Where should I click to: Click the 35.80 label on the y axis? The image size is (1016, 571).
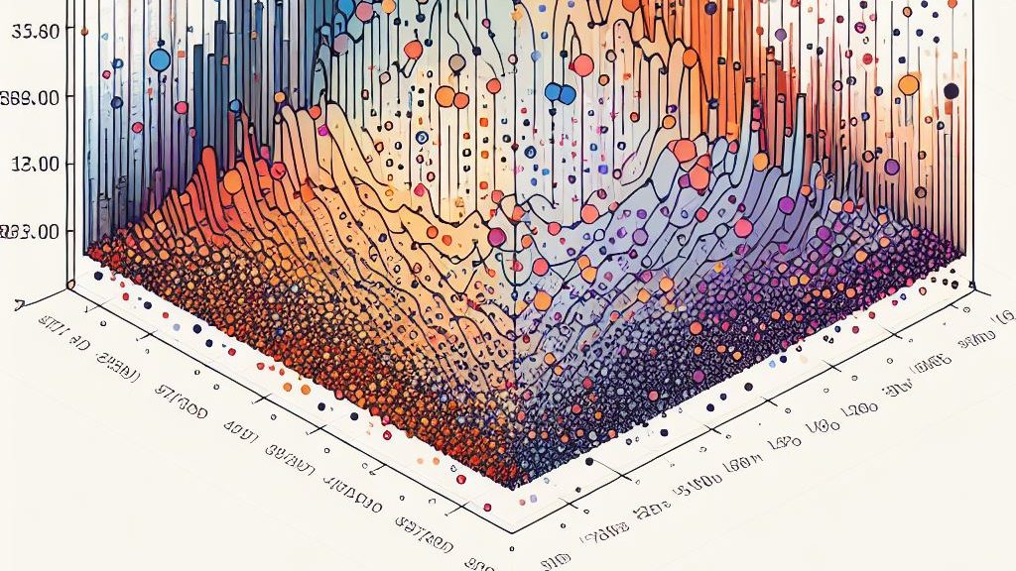[37, 31]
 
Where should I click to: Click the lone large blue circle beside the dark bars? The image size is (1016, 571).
[159, 60]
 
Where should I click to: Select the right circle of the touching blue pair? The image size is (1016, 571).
[568, 95]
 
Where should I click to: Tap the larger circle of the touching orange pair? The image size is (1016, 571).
[445, 97]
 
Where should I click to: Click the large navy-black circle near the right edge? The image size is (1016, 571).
[951, 91]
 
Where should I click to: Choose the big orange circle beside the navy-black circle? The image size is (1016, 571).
[908, 85]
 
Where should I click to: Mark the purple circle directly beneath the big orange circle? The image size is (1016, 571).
[891, 167]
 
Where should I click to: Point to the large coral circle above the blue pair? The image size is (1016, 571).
[583, 65]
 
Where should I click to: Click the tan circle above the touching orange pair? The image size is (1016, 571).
[456, 62]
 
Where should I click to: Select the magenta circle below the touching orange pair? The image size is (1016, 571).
[497, 238]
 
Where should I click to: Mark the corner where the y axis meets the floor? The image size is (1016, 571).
[69, 285]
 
